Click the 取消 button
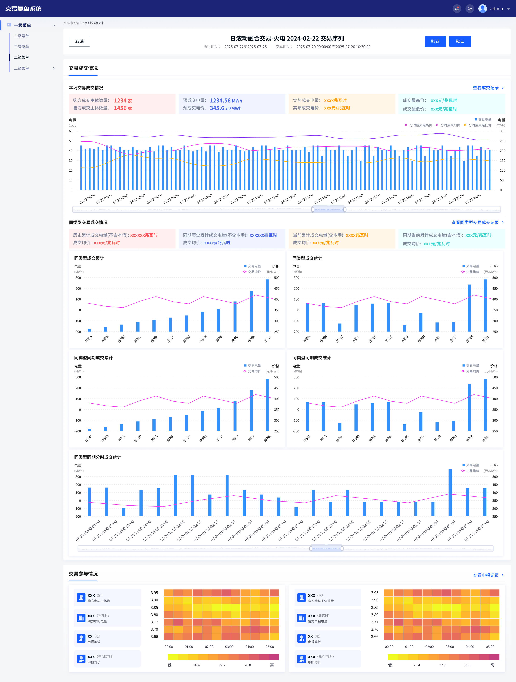coord(80,41)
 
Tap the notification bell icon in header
coord(457,9)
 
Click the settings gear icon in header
coord(469,9)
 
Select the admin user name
coord(496,9)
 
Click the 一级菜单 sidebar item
coord(23,25)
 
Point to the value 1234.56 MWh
coord(226,101)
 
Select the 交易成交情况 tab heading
coord(83,68)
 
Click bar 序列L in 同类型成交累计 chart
coord(267,306)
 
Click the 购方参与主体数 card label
coord(99,601)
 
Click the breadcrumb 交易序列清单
coord(73,23)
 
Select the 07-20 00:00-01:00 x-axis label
coord(88,531)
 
